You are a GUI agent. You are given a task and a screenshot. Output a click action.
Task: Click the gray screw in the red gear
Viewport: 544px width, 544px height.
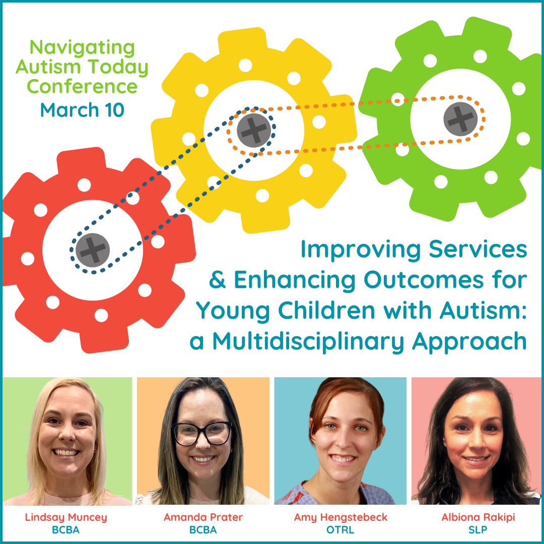93,250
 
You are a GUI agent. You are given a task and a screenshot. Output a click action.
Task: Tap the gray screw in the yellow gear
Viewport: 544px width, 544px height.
254,130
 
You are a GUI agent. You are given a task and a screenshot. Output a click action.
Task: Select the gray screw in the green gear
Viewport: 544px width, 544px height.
460,119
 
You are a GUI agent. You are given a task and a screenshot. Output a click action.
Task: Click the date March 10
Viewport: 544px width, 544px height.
82,110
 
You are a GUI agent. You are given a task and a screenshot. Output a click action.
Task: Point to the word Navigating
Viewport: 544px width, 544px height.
82,48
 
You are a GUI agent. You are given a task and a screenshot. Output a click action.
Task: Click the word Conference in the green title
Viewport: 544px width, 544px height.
82,87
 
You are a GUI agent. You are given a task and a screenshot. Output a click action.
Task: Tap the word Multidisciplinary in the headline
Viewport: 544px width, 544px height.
308,342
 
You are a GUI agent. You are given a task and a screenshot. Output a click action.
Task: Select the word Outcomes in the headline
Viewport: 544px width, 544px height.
423,280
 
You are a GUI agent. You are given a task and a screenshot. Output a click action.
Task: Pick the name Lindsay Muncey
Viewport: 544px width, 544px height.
66,517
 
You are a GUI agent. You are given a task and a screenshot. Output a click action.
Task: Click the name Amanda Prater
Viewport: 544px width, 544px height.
203,517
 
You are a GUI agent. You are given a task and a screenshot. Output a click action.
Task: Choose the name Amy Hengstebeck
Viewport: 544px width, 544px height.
341,517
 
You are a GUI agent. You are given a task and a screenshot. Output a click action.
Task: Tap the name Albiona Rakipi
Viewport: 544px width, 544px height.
478,517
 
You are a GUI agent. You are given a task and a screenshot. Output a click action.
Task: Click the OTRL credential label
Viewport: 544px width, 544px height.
341,530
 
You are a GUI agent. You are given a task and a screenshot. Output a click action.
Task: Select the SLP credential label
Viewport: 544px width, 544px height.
478,530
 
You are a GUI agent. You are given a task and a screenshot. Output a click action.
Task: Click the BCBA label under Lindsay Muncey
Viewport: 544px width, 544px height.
66,530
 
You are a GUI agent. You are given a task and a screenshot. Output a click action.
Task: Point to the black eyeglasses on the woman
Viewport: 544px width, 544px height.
202,434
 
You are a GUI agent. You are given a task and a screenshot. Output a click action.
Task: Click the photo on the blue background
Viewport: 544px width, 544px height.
340,441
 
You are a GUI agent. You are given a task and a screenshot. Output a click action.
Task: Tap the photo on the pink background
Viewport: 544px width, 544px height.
476,441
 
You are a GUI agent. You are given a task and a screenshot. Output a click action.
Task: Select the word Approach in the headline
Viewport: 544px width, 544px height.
469,342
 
